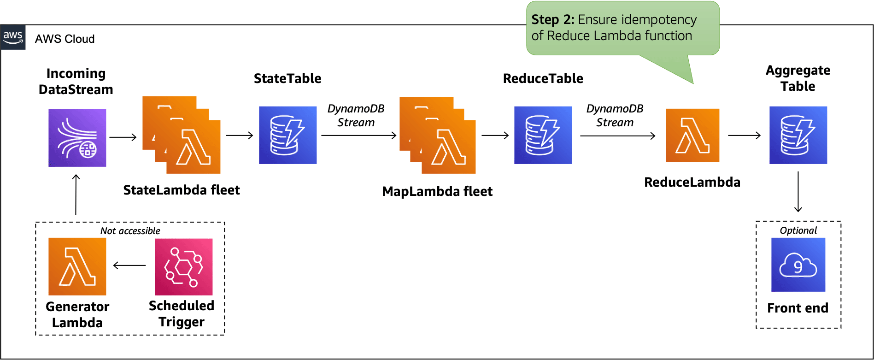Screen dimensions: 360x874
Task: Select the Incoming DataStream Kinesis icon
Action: pos(77,138)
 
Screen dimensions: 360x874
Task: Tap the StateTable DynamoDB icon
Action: pos(287,135)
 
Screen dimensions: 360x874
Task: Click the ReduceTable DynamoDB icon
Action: pos(543,135)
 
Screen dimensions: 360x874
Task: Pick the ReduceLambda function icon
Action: pos(692,136)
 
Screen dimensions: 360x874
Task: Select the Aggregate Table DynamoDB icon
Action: pos(798,135)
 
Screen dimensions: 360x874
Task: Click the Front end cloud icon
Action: pos(798,265)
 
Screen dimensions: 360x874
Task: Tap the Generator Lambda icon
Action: pos(77,266)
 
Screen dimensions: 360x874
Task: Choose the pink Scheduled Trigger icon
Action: pos(183,266)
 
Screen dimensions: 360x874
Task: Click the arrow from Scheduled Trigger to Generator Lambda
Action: pos(129,266)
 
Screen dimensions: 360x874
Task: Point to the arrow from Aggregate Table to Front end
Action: pos(798,192)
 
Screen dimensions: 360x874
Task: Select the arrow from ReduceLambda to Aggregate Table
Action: pos(744,136)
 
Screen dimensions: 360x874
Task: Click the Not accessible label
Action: pos(130,231)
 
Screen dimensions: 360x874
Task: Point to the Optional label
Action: pos(798,230)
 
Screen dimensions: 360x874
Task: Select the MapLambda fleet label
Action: pos(437,191)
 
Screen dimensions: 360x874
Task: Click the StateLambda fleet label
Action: pos(182,190)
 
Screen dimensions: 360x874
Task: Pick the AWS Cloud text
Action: pos(65,39)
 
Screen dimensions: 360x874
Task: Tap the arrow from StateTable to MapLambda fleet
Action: pos(358,136)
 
